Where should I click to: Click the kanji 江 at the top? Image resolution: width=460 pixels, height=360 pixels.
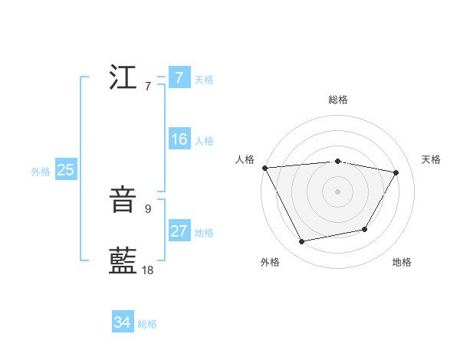123,78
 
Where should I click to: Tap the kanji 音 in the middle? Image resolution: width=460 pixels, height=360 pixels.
123,201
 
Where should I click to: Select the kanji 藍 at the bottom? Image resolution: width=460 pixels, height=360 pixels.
123,261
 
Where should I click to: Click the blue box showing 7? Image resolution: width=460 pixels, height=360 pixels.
179,78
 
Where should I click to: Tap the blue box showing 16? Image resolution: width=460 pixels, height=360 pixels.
179,139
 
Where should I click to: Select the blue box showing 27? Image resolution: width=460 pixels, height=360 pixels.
179,231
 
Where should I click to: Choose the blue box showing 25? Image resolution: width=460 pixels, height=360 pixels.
65,170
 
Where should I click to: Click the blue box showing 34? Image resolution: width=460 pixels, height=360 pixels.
122,322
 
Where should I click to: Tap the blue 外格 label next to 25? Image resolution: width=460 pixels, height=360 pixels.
41,172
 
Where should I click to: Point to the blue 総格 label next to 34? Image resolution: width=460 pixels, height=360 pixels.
147,324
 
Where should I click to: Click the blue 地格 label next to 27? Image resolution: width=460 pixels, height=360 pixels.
204,233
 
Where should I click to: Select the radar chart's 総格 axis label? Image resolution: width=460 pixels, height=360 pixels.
337,100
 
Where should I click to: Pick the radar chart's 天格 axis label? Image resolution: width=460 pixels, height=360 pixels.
432,159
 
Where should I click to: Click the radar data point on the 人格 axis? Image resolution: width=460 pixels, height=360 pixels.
264,168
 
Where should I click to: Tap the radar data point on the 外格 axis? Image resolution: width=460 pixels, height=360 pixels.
302,242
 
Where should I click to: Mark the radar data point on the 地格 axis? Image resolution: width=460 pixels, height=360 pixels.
365,229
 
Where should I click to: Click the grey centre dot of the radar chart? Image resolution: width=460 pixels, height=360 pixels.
337,191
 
